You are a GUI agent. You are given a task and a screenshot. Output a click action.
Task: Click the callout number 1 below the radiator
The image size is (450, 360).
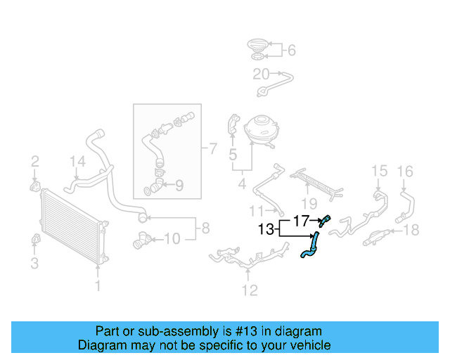pos(98,285)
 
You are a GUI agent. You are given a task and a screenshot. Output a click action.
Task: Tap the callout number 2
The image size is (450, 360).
pos(34,163)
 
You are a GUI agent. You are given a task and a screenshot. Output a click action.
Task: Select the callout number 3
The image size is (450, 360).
pos(34,264)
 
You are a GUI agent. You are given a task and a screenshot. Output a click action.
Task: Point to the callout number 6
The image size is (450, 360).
pos(291,50)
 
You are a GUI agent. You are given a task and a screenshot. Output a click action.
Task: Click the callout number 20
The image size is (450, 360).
pos(261,73)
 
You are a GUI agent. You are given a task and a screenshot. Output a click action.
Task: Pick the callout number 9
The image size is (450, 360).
pos(179,186)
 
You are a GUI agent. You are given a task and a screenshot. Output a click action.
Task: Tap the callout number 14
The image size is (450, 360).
pos(77,163)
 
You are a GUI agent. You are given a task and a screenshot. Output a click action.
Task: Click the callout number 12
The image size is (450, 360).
pos(249,289)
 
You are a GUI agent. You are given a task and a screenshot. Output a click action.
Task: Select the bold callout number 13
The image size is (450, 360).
pos(266,229)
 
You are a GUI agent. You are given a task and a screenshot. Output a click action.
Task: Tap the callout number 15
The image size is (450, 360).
pos(379,170)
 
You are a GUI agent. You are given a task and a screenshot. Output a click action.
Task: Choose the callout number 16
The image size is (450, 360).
pos(405,170)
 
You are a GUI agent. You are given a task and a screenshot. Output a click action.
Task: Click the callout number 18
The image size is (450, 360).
pos(412,229)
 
